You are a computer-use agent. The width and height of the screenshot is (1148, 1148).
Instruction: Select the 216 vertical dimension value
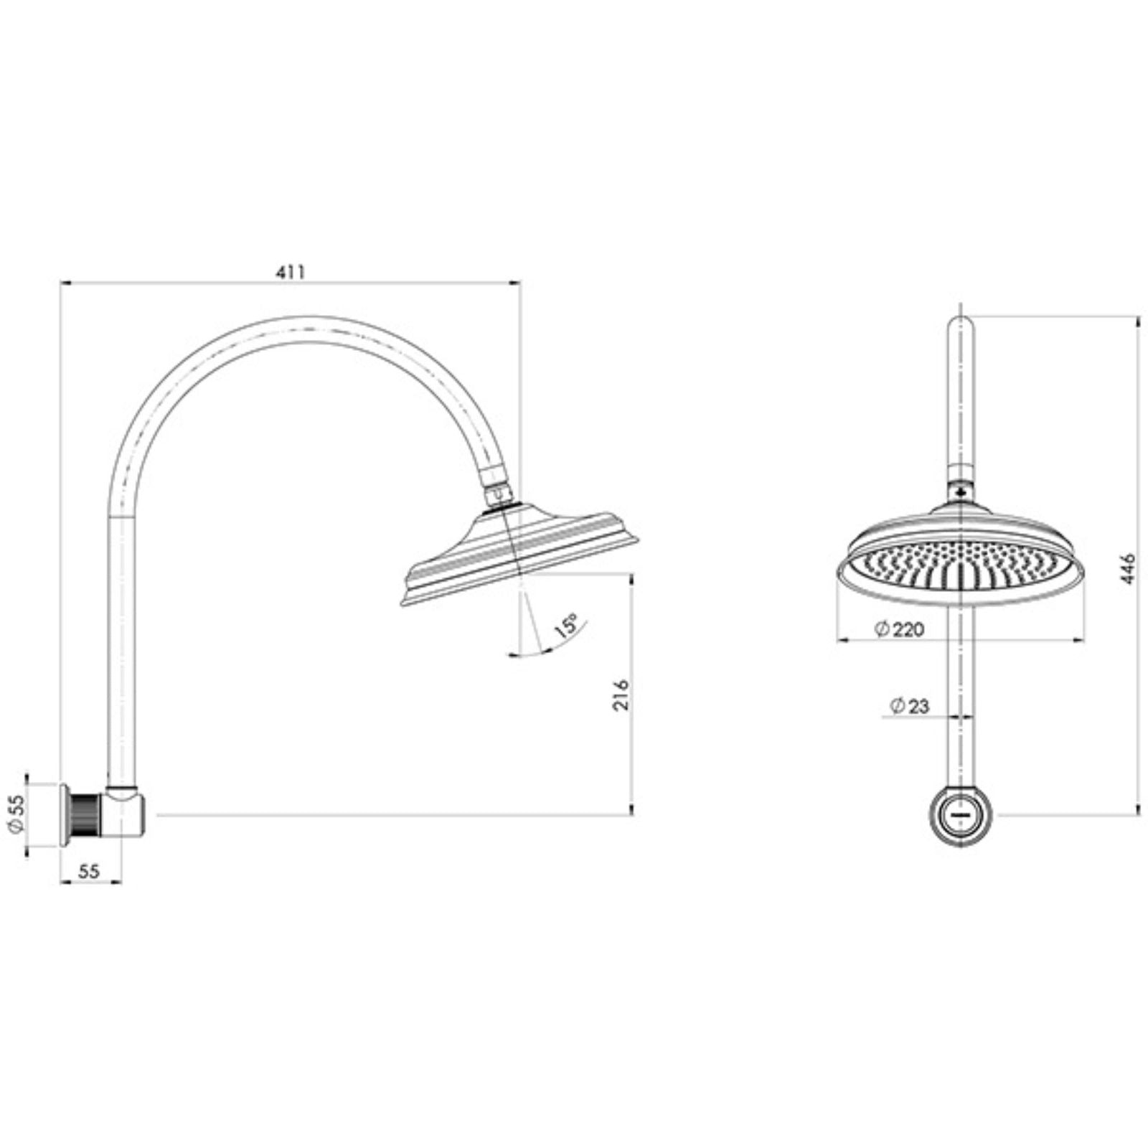(621, 694)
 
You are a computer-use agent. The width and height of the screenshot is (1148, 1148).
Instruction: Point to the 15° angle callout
(566, 625)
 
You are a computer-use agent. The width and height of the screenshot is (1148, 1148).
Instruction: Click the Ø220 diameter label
(899, 630)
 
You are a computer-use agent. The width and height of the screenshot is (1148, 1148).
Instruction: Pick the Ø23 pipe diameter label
(909, 706)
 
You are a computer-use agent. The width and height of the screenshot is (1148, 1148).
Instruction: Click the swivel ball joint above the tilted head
(498, 496)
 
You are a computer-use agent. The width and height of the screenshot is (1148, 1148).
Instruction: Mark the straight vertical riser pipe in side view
(122, 646)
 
